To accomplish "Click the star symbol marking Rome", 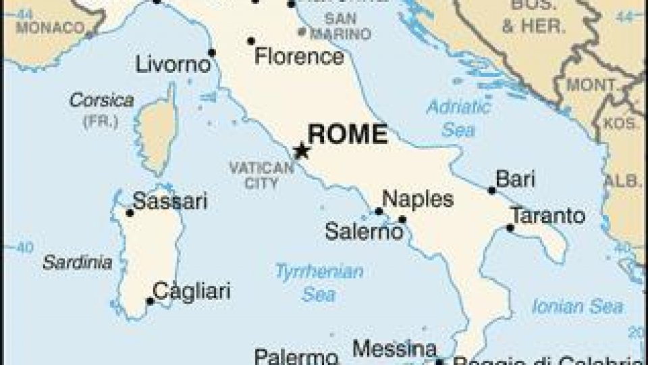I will click(302, 151).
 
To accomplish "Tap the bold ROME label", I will click(348, 134).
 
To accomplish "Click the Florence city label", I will click(299, 57).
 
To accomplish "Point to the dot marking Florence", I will click(251, 41).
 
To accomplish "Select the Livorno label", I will click(173, 66).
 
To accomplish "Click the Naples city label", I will click(417, 199).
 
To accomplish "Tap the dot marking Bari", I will click(492, 191).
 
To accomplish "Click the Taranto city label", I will click(547, 216).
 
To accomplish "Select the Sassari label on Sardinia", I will click(169, 201).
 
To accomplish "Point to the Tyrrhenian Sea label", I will click(319, 283).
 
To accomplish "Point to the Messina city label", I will click(394, 349).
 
